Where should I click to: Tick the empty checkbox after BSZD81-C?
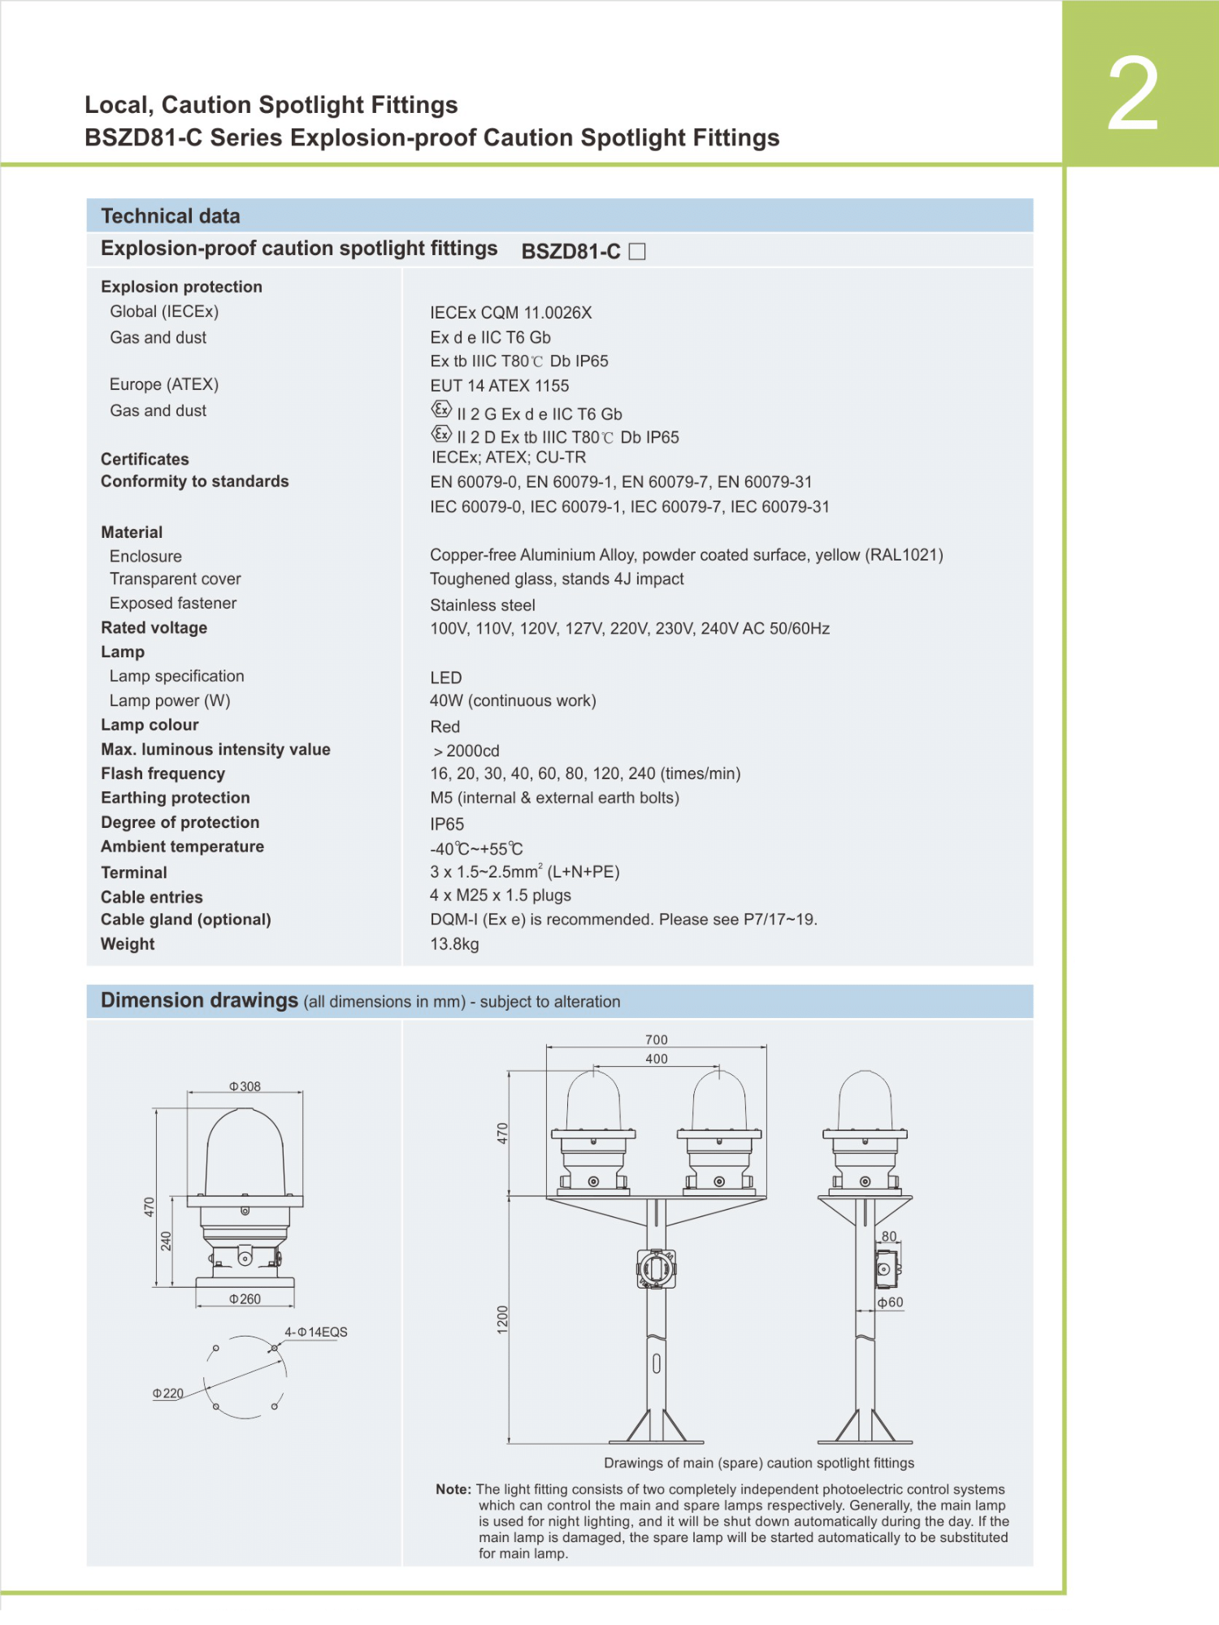point(637,252)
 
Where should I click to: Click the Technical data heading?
point(170,216)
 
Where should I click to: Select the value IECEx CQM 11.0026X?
point(510,313)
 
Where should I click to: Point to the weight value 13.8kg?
point(454,944)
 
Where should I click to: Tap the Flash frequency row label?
point(163,773)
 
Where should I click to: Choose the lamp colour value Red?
point(445,726)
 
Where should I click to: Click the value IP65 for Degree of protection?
point(447,824)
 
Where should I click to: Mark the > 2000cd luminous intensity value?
point(466,751)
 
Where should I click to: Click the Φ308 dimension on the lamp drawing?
point(245,1086)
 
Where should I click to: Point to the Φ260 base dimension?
point(245,1299)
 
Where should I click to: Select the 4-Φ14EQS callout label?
point(315,1332)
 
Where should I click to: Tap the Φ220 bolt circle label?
point(168,1393)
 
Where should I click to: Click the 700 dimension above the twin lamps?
point(657,1040)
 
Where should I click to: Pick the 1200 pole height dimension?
point(502,1319)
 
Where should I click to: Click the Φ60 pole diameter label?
point(891,1302)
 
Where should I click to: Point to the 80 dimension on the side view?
point(889,1237)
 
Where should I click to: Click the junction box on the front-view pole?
point(656,1268)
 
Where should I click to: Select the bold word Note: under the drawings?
point(453,1489)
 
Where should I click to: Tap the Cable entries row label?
point(152,897)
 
